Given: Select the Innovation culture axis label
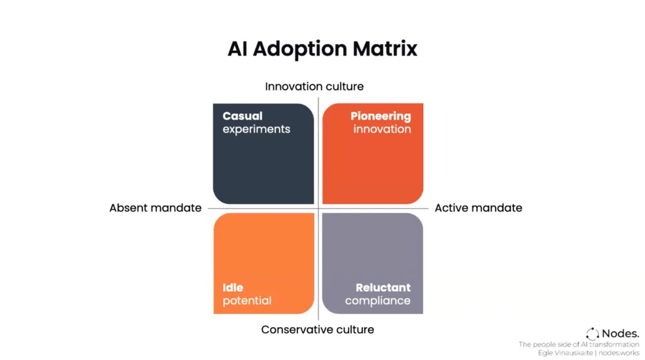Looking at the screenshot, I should [314, 86].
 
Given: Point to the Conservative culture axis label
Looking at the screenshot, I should [317, 330].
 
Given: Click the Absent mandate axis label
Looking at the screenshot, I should [155, 208].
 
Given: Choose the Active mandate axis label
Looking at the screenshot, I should [478, 208].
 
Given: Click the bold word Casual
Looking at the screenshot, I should [243, 116].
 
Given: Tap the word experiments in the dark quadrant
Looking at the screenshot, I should [256, 129].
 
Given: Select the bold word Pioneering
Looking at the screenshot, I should [381, 116].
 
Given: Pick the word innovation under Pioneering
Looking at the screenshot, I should [382, 129].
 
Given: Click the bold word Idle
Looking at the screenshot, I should [233, 288].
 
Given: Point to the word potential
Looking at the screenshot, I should [247, 301].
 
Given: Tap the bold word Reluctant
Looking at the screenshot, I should [383, 288].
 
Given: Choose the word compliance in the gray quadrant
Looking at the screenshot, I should [377, 301].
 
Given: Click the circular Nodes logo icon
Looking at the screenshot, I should [592, 334].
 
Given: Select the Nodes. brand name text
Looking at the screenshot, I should [620, 334].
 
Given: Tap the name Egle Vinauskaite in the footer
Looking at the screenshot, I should [566, 353].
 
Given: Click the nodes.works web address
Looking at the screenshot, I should [619, 353].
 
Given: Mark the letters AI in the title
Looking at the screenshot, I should [237, 49].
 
